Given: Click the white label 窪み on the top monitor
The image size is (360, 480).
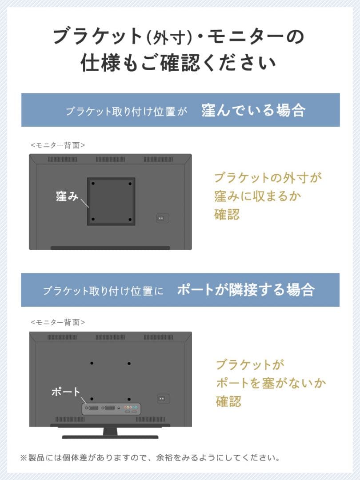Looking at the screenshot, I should coord(67,196).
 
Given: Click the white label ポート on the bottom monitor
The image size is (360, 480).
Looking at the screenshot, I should coord(66,392).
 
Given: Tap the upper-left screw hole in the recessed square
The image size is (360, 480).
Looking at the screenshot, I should coord(93,184).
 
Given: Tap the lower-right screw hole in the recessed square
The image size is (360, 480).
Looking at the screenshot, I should coord(130,219).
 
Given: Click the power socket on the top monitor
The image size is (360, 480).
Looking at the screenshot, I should coord(162,219).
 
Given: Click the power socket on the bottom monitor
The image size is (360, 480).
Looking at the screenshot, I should coord(163,399).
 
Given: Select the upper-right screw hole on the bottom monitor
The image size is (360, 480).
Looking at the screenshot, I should coord(129,363).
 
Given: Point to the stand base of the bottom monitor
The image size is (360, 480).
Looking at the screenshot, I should coord(110,436).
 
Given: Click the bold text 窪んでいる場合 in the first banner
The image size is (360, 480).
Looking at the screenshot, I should coord(253,110).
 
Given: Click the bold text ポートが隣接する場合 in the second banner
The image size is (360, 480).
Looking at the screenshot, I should coord(246,290).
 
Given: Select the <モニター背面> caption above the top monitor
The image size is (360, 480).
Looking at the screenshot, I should coord(58,145).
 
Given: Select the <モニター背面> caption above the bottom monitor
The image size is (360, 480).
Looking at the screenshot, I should coord(58,322).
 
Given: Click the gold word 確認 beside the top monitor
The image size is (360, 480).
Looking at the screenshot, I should coord(227,214).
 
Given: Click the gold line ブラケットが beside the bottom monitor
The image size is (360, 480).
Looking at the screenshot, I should coord(249,364).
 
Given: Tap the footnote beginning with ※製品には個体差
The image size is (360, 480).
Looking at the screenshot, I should coord(150,457).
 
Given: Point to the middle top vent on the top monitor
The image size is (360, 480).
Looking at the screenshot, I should coord(110,159).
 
